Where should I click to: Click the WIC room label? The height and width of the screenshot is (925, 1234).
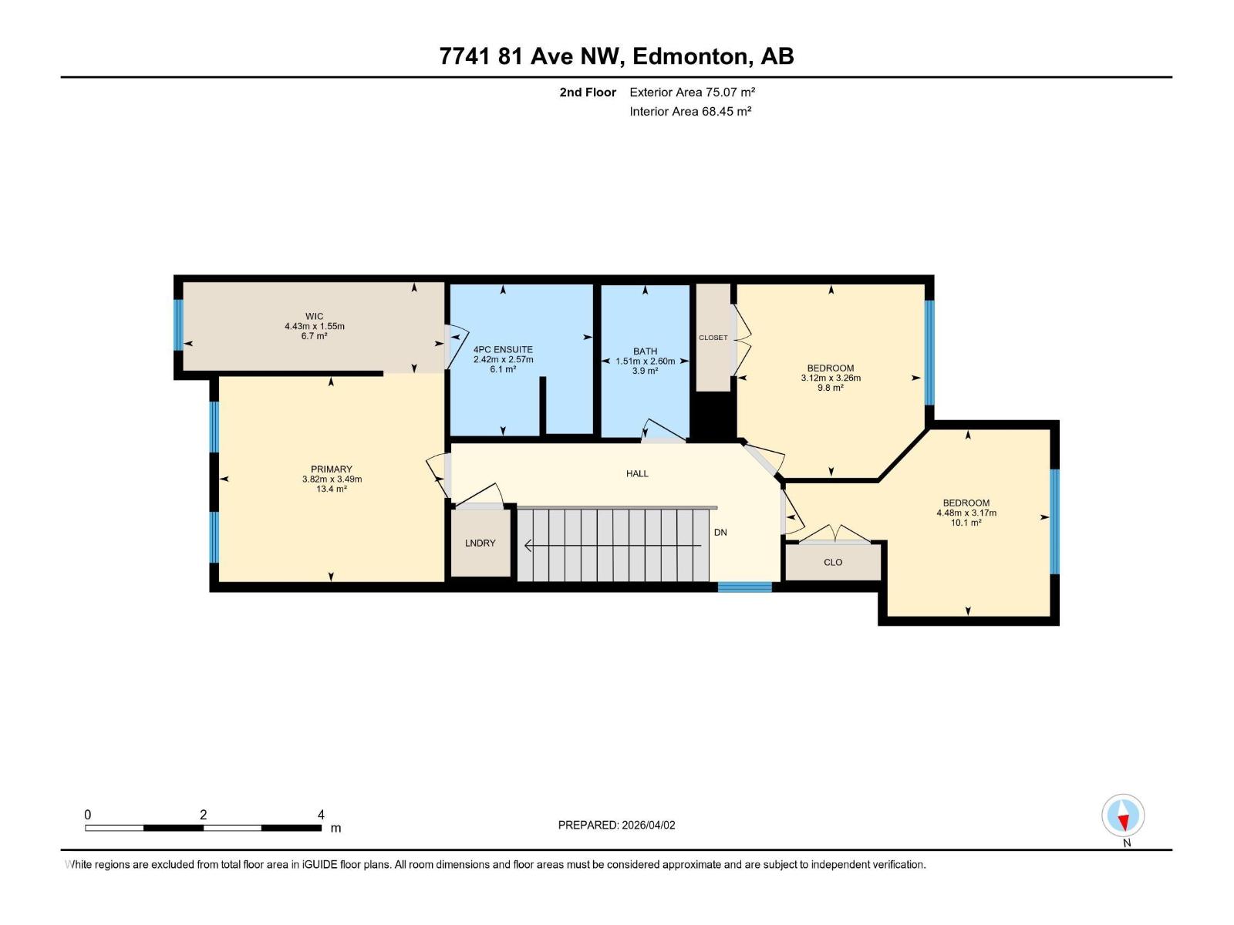[x=314, y=316]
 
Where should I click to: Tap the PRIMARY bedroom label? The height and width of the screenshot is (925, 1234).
[x=332, y=469]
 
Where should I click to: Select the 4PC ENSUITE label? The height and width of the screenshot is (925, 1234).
[x=503, y=349]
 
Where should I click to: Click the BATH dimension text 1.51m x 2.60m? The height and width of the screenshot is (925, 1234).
[x=645, y=361]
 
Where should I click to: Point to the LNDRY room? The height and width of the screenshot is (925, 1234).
[x=480, y=543]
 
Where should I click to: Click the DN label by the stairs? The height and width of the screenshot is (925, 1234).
[x=720, y=533]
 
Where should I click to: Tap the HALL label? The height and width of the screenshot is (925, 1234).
[x=637, y=473]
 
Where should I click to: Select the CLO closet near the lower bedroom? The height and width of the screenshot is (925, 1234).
[x=833, y=562]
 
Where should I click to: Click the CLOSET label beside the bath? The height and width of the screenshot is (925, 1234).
[x=713, y=338]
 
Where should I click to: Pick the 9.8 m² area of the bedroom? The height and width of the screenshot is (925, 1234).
[x=830, y=388]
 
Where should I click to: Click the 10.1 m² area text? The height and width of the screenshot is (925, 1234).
[x=966, y=523]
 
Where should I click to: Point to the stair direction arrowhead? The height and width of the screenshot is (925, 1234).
[x=528, y=546]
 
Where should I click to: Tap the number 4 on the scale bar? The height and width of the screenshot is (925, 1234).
[x=321, y=814]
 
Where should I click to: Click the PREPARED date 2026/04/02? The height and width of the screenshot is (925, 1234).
[x=648, y=825]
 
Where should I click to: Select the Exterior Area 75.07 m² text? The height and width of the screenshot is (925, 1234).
[x=692, y=92]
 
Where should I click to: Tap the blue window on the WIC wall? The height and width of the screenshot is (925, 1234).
[x=178, y=325]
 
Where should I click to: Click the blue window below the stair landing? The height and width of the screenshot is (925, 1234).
[x=744, y=587]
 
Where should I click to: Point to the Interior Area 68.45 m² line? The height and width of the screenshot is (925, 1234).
[x=690, y=111]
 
